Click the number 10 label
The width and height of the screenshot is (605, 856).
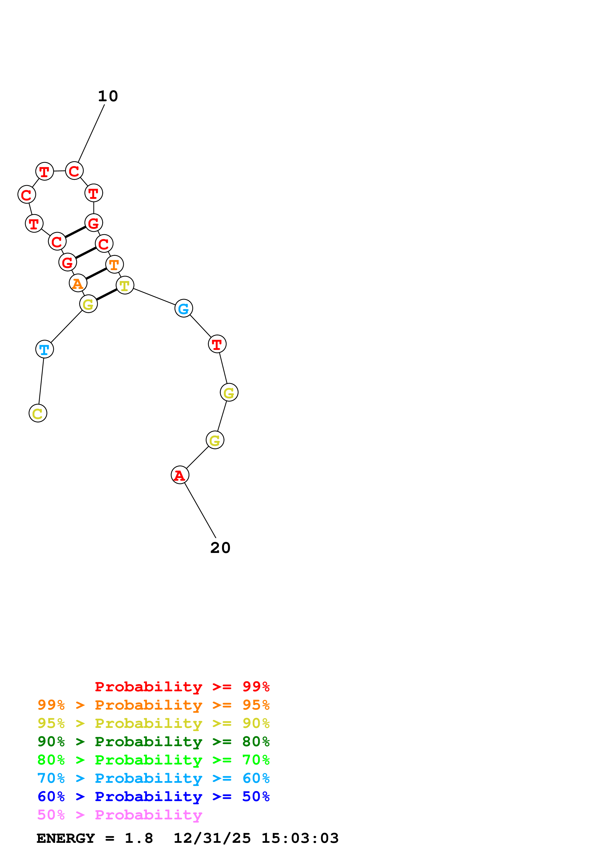click(x=108, y=96)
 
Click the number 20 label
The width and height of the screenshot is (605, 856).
click(x=220, y=548)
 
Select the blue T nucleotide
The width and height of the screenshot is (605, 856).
click(x=44, y=349)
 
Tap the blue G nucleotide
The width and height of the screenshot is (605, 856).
click(x=183, y=308)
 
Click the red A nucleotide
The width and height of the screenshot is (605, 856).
click(x=180, y=475)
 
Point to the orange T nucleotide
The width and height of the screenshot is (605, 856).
click(x=114, y=264)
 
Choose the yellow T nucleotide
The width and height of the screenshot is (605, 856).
click(x=124, y=285)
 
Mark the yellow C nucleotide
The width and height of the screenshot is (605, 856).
click(x=38, y=413)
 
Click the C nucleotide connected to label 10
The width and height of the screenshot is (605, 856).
click(x=74, y=171)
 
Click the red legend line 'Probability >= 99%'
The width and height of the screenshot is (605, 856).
click(x=182, y=686)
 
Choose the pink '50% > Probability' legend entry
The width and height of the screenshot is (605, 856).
click(x=120, y=815)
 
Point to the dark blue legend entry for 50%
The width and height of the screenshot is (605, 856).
click(x=153, y=796)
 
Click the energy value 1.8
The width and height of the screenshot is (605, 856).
click(x=139, y=838)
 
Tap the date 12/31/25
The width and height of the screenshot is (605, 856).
click(x=212, y=838)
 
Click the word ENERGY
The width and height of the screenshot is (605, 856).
click(x=66, y=838)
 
